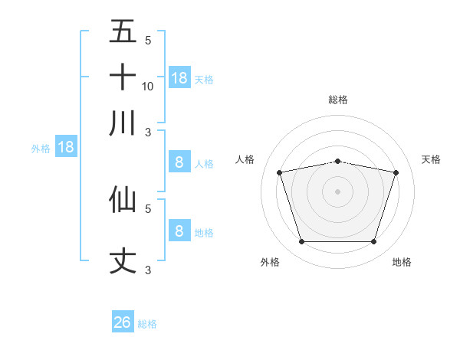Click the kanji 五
tap(123, 32)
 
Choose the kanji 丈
tap(123, 260)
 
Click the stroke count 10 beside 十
tap(148, 86)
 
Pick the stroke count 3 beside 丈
tap(148, 270)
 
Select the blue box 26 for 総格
tap(123, 322)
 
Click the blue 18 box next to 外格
tap(66, 147)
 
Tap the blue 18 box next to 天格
tap(179, 77)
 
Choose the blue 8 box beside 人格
tap(179, 162)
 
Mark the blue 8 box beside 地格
tap(179, 231)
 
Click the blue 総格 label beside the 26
tap(147, 324)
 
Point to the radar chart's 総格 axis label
tap(338, 100)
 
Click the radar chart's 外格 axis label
tap(270, 262)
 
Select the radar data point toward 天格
tap(396, 173)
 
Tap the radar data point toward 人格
tap(280, 173)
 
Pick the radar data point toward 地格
tap(373, 242)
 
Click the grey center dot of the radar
tap(338, 191)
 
